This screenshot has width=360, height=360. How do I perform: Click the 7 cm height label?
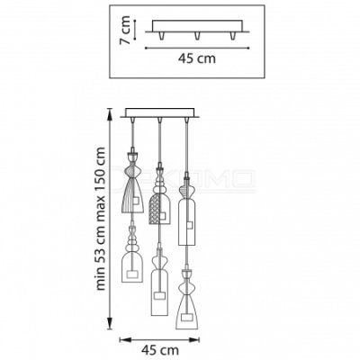click(x=124, y=30)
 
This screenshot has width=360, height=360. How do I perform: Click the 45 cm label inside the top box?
click(x=197, y=58)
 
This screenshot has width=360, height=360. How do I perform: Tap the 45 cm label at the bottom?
click(x=160, y=350)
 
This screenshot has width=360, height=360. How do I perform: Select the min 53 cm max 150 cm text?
click(x=101, y=219)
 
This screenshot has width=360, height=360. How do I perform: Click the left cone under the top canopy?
click(x=162, y=35)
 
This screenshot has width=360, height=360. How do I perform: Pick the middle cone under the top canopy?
click(x=197, y=35)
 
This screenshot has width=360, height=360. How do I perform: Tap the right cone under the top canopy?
click(x=232, y=35)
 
